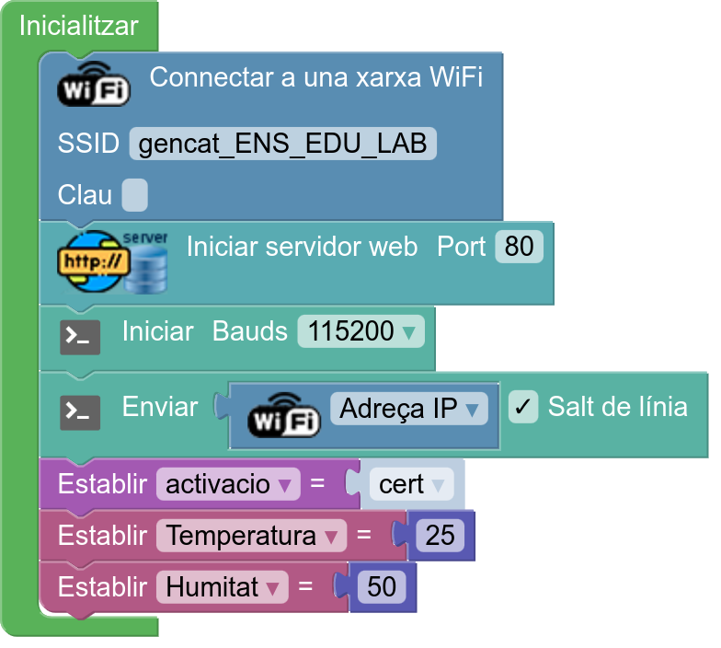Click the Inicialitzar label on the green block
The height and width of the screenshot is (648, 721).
(79, 26)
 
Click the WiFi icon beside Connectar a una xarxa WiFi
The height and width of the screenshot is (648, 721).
(94, 84)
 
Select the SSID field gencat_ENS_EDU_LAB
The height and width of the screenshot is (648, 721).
(283, 144)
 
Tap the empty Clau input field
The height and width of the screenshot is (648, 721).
(134, 195)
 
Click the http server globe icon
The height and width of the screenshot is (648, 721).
(112, 262)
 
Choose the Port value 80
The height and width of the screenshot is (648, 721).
(519, 247)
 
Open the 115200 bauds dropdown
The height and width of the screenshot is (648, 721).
(360, 331)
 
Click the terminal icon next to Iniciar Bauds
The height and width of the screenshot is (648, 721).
(80, 337)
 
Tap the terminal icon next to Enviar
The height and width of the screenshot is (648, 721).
(80, 412)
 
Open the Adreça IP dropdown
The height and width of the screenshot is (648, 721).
(408, 409)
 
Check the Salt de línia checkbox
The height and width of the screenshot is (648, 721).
(523, 407)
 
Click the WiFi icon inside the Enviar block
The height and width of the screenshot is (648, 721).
(283, 415)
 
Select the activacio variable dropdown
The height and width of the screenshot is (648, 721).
(228, 484)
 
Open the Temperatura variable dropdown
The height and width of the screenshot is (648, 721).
(252, 536)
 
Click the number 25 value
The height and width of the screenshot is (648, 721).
(440, 536)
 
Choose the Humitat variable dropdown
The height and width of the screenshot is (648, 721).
(223, 587)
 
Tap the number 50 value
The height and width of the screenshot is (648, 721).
(382, 587)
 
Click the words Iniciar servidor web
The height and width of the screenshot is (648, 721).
(302, 247)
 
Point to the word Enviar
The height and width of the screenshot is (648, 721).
(160, 407)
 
